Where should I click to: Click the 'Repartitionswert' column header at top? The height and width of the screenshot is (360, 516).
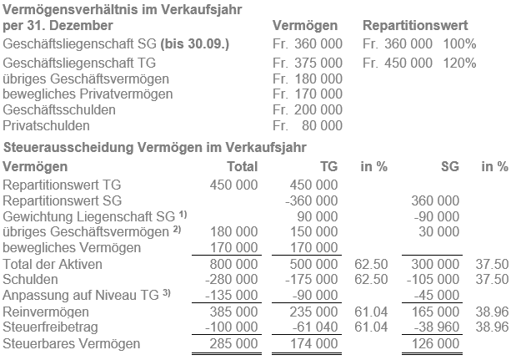pos(415,27)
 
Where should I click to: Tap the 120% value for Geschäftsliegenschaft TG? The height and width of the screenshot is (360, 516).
pos(460,63)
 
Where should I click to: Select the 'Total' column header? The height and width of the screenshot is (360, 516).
pos(242,166)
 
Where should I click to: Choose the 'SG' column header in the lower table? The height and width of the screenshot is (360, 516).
pos(449,166)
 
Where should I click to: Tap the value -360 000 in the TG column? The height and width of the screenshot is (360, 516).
pos(311,200)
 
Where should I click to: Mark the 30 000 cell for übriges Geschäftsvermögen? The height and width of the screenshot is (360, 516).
pos(439,232)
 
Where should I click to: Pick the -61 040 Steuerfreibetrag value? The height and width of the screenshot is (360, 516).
pos(314,327)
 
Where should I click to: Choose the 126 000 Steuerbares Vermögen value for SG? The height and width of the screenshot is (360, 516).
pos(436,343)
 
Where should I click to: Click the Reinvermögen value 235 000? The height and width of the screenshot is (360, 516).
pos(314,312)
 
